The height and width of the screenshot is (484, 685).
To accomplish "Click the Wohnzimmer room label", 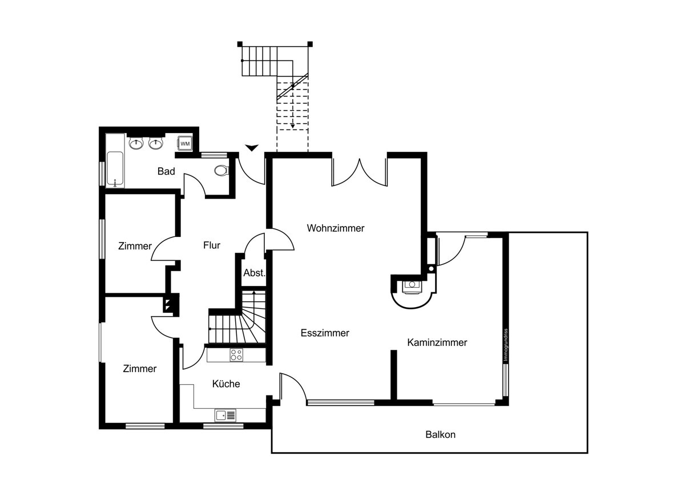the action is coord(336,228).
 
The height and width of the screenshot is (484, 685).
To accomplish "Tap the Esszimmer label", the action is coord(325,333).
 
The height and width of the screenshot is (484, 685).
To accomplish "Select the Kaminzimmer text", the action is coord(437,342).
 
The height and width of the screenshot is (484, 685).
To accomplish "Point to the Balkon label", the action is coord(440,434).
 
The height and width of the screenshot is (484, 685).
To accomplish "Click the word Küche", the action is coord(226,384).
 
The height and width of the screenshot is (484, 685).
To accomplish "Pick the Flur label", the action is coord(212,245).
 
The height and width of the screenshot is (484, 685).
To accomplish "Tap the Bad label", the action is coord(166,171).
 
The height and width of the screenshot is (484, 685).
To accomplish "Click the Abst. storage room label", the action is coord(254,273).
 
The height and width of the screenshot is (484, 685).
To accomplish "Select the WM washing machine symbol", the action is coord(185,143).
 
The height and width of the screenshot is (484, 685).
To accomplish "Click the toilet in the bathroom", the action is coord(221,170).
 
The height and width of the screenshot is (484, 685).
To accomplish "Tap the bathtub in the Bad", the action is coord(115,169).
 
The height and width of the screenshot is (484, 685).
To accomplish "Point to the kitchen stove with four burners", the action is coord(236,354).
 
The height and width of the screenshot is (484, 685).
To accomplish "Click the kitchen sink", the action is coord(225,415).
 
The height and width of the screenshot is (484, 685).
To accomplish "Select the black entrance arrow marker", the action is coord(252,148).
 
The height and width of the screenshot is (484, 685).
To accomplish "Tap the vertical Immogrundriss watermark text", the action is coord(506,345).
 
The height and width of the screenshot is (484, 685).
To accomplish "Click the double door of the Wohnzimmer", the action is coord(360,173).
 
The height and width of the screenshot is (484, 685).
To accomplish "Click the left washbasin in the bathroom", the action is coord(136,143).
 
